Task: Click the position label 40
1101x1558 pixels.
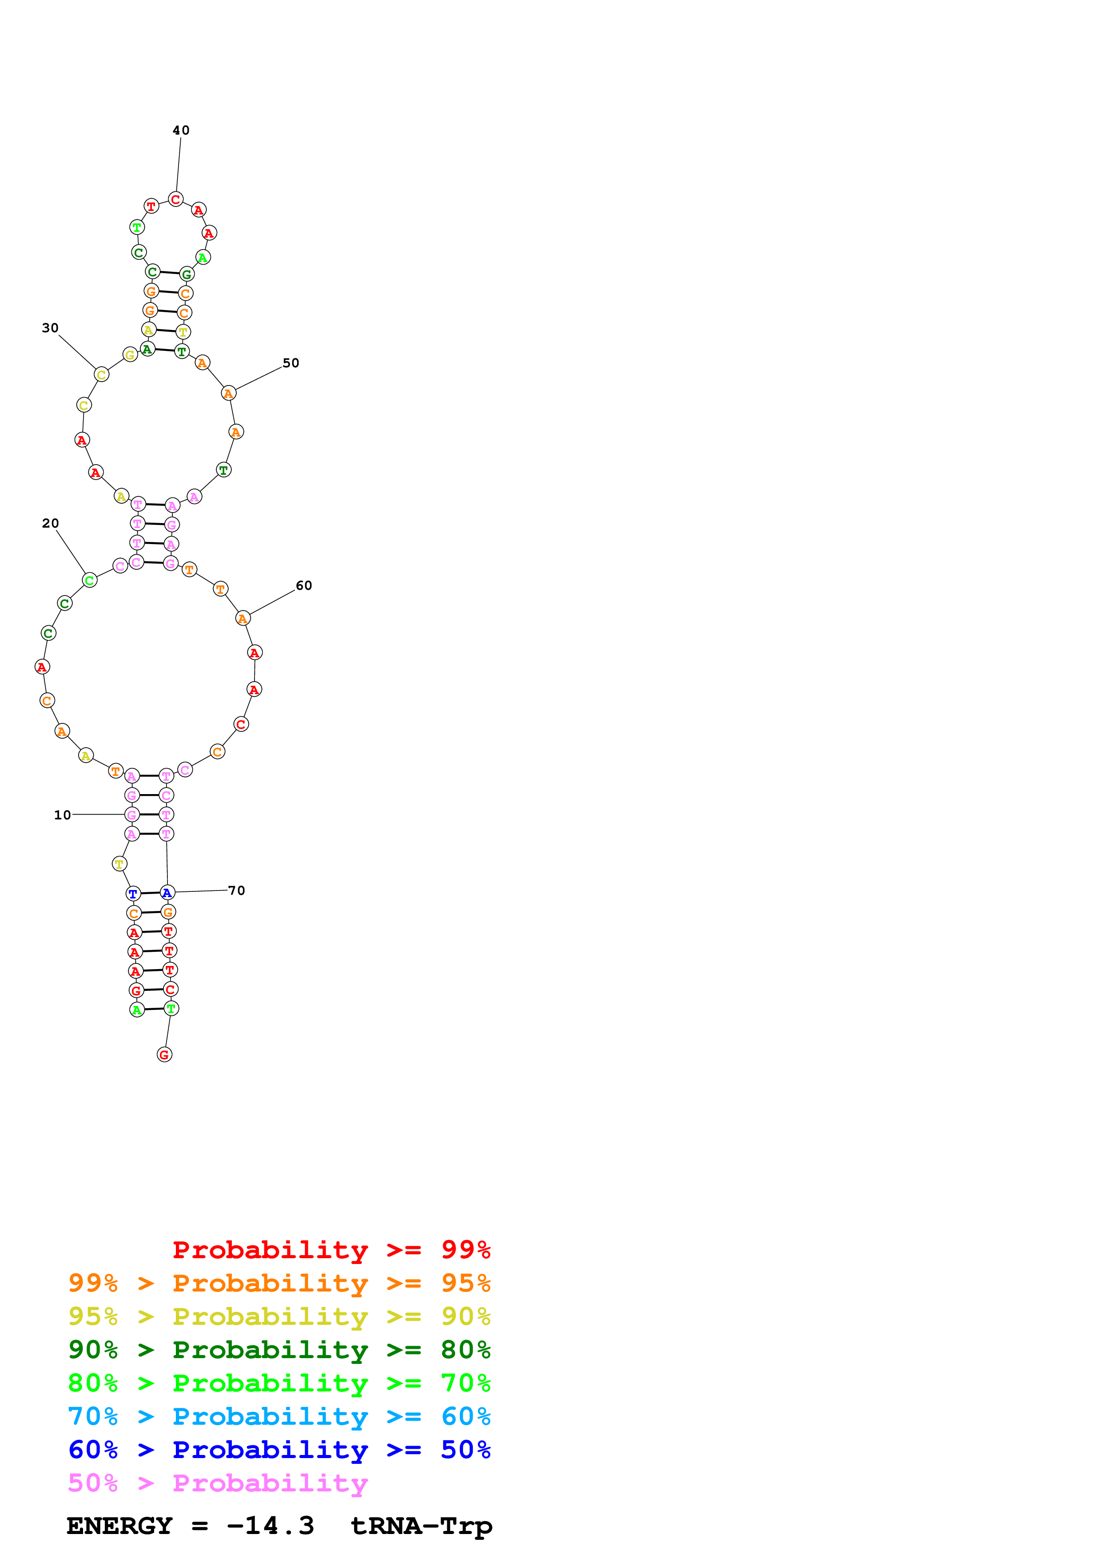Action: (x=181, y=130)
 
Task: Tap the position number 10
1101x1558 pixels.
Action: (x=63, y=815)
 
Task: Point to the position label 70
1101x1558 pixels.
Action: (x=237, y=890)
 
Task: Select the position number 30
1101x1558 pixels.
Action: (x=50, y=328)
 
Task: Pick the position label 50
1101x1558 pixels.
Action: (x=291, y=363)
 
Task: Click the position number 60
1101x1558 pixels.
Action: (x=304, y=586)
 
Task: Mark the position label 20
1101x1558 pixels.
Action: (x=50, y=523)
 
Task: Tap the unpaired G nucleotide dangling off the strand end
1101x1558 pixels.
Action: (x=164, y=1054)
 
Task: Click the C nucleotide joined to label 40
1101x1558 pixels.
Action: (x=176, y=199)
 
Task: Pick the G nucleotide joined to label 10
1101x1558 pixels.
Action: (x=132, y=814)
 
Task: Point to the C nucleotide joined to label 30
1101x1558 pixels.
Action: (x=102, y=374)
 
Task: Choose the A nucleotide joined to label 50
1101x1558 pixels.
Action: (x=229, y=393)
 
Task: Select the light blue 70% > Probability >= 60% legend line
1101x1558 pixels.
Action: (x=279, y=1416)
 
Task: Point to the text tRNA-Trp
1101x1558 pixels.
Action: (x=421, y=1526)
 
